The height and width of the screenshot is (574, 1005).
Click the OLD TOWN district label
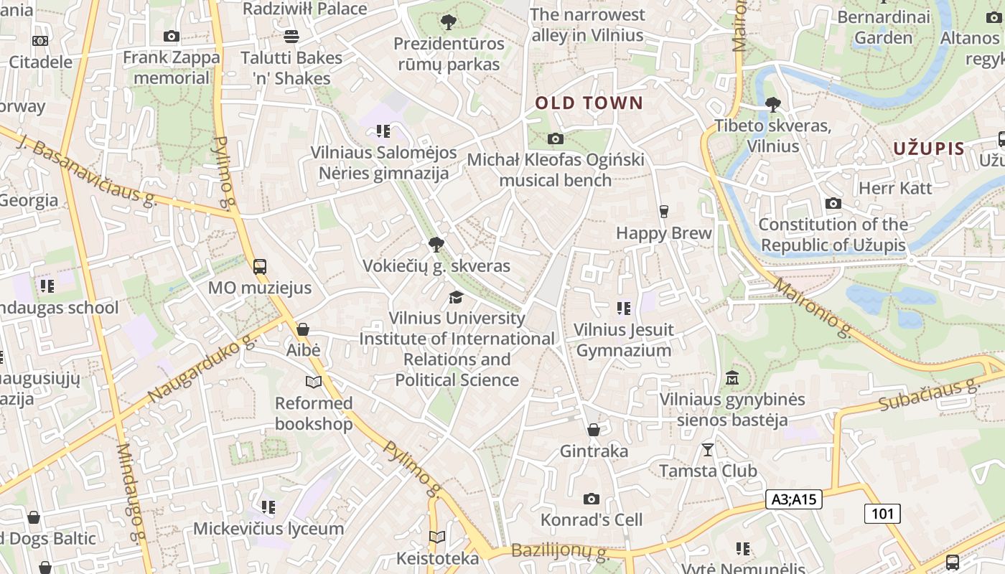click(x=589, y=103)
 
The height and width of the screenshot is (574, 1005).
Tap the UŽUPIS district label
click(x=929, y=149)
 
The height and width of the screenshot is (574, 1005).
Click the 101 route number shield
click(x=882, y=514)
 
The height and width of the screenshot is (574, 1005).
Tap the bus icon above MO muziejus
click(x=260, y=267)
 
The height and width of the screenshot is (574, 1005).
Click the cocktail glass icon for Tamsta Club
click(x=708, y=450)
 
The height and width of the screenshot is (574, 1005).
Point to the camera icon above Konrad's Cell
click(x=591, y=499)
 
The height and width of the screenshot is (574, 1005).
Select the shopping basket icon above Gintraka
click(x=594, y=430)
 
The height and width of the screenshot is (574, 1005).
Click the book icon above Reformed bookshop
click(x=314, y=382)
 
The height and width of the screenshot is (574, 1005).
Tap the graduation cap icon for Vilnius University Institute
click(x=456, y=297)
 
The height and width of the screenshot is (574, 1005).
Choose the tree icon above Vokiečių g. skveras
click(x=436, y=245)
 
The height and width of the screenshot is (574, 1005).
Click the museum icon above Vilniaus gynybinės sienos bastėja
click(x=732, y=377)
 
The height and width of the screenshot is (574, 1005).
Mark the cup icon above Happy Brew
click(x=663, y=212)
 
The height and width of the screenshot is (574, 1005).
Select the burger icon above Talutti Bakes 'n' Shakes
click(x=291, y=36)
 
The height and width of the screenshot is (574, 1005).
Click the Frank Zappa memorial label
click(x=172, y=67)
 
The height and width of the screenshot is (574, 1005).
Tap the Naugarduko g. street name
click(x=202, y=369)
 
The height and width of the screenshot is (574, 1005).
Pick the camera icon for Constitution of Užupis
click(x=833, y=204)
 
